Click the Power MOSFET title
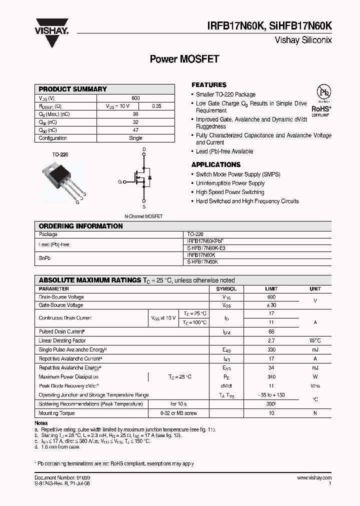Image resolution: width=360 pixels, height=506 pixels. coord(184,59)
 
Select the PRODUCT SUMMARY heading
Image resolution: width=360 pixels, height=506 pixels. coord(72,89)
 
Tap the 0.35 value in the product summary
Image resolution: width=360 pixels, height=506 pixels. coord(156,106)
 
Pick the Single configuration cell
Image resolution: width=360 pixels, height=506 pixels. coord(135,138)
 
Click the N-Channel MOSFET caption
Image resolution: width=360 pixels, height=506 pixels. coord(143,216)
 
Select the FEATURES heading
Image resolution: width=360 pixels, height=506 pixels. coord(209,85)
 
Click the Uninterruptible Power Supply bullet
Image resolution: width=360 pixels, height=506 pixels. coord(230,183)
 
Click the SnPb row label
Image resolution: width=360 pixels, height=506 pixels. coord(45,258)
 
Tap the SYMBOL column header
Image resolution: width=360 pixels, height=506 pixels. coord(226,289)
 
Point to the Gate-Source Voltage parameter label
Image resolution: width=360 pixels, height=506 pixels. coord(61,305)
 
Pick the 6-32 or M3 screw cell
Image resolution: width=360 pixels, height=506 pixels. coord(178,413)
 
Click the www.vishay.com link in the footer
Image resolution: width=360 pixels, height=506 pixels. coord(314,478)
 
